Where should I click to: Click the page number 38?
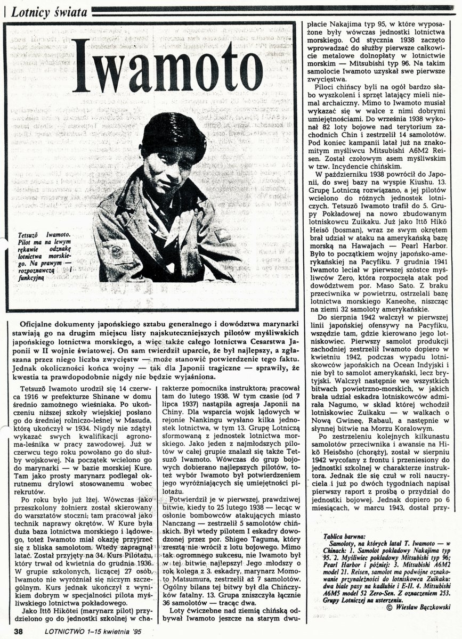pos(18,632)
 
